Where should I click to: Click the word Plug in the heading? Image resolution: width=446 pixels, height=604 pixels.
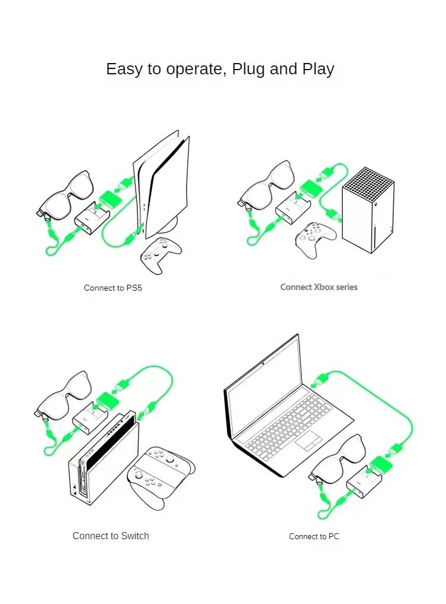point(249,70)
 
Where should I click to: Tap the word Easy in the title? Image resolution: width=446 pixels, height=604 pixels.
point(125,70)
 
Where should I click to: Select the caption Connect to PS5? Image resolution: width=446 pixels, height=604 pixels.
point(113,288)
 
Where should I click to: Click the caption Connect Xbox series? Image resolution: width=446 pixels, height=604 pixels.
point(319,287)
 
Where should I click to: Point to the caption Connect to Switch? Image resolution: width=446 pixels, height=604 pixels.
point(111,536)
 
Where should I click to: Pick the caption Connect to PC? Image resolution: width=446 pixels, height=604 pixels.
point(314,537)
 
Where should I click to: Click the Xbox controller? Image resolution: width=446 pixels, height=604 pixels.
point(315,239)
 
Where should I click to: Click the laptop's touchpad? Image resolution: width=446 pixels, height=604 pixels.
point(308,441)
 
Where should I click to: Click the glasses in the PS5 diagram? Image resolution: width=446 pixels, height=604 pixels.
point(65,193)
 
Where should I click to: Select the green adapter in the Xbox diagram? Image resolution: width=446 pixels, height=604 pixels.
point(312,190)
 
